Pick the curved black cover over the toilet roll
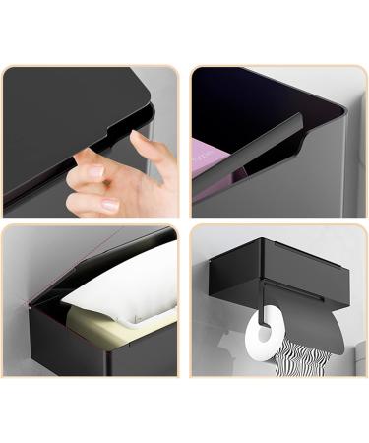(x=315, y=325)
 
